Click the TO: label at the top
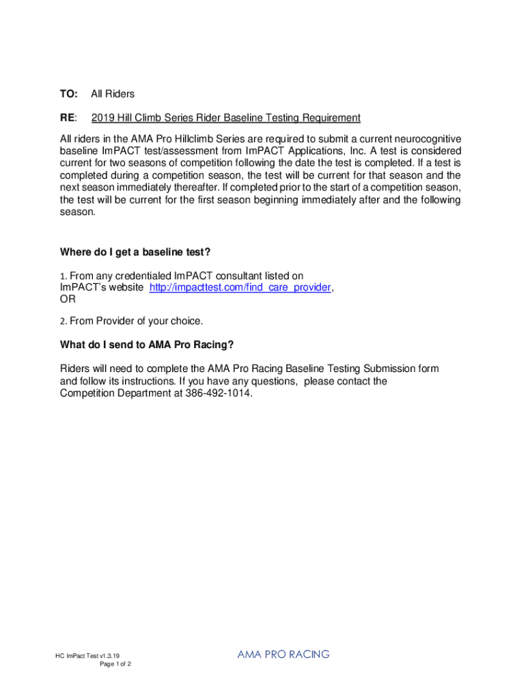click(x=69, y=94)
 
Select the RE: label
click(x=69, y=117)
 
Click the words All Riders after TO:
click(x=113, y=94)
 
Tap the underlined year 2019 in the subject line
click(x=102, y=117)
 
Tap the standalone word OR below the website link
click(x=68, y=299)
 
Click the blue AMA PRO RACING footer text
click(x=283, y=654)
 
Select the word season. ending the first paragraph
click(x=78, y=212)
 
